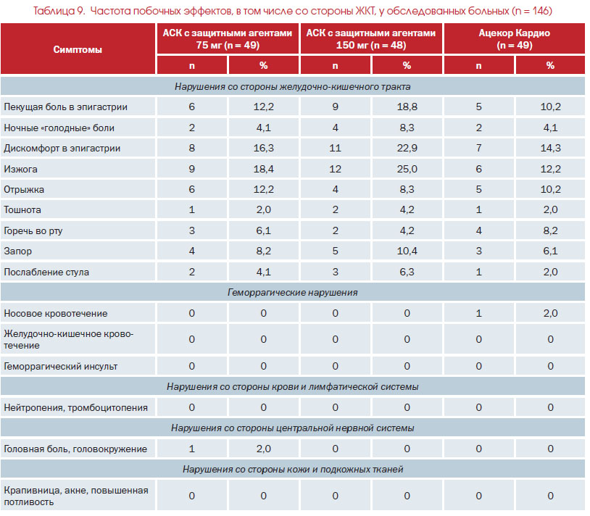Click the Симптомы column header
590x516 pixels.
(x=78, y=50)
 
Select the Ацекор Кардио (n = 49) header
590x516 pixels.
(x=514, y=39)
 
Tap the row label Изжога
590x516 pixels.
(x=21, y=170)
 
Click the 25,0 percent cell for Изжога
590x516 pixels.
(x=407, y=170)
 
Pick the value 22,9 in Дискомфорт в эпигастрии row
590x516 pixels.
(x=407, y=148)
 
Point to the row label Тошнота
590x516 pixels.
(x=22, y=210)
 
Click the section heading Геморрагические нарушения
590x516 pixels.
(x=292, y=293)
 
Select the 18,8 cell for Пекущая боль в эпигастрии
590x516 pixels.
(x=407, y=107)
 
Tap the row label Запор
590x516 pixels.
(x=17, y=251)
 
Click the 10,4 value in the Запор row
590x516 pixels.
(x=407, y=251)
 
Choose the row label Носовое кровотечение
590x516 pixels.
(x=56, y=314)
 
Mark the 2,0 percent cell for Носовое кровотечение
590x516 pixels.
(x=550, y=313)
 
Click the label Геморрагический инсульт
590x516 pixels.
(x=61, y=366)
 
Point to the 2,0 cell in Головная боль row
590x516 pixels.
(x=263, y=449)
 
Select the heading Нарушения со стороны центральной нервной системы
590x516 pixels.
(x=292, y=428)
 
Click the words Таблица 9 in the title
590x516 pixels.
(x=59, y=11)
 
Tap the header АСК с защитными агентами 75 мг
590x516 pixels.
(x=228, y=39)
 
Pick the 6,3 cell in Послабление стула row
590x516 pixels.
(x=407, y=272)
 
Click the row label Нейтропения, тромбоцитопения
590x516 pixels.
(x=75, y=408)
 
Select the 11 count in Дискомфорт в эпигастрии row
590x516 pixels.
(x=335, y=148)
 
